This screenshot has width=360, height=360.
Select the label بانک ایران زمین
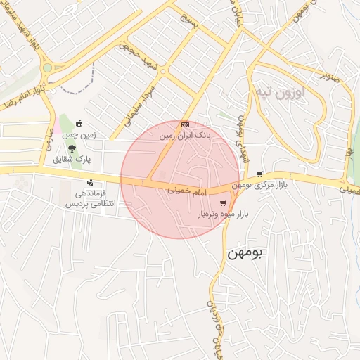click(185, 134)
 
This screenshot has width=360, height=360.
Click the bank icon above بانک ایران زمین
click(185, 124)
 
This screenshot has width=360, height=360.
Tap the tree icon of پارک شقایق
click(72, 148)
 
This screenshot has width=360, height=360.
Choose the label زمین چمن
click(78, 134)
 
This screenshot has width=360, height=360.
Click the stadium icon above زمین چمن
click(79, 123)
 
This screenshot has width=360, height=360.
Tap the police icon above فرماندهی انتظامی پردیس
click(89, 183)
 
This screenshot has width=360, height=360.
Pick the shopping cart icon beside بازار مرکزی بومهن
click(259, 174)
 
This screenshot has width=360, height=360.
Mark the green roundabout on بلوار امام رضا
click(48, 68)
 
